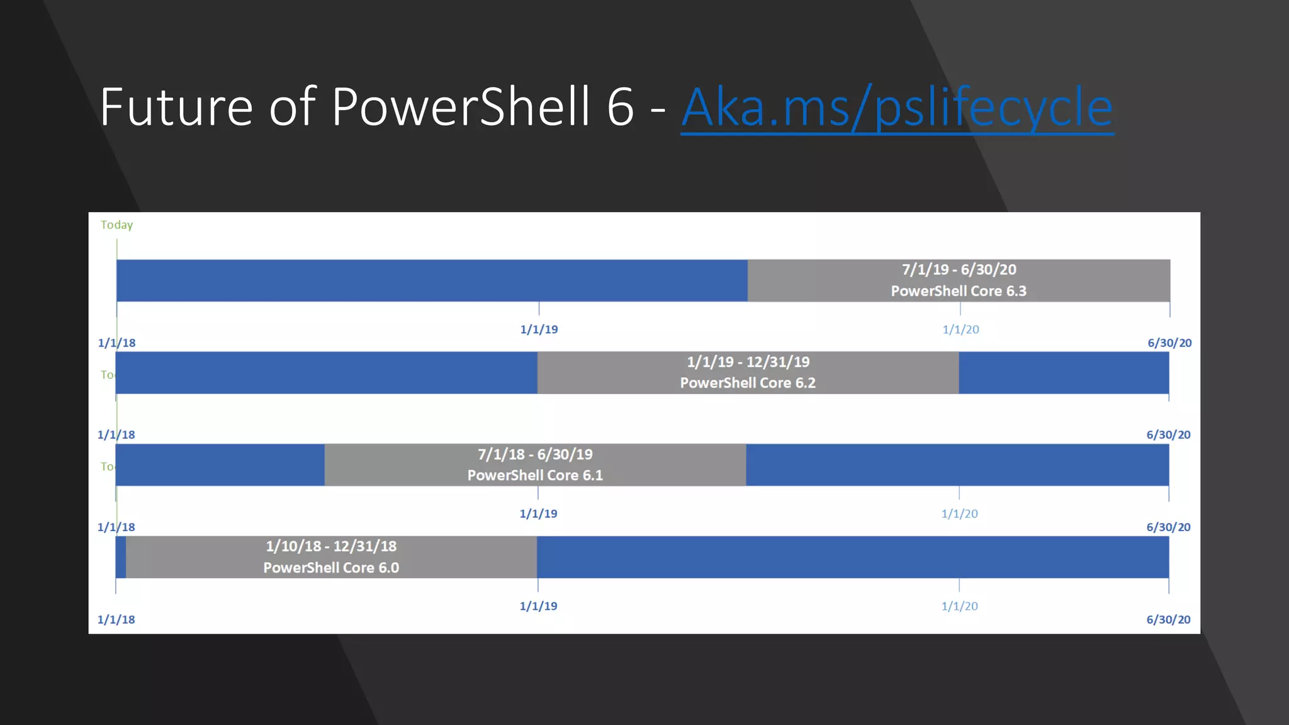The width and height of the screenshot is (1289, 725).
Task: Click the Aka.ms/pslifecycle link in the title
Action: click(x=897, y=108)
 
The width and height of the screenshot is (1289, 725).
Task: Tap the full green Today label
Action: click(x=117, y=225)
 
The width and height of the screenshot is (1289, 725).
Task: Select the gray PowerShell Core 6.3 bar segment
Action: click(x=818, y=281)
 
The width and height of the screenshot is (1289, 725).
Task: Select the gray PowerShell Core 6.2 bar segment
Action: click(x=604, y=373)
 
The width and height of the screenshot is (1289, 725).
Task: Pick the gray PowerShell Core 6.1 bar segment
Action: click(x=390, y=465)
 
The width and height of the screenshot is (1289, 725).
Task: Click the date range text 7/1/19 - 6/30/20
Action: click(x=959, y=270)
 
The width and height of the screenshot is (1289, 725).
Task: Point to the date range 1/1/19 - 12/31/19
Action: click(x=748, y=362)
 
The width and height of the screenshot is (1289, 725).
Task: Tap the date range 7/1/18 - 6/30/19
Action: click(x=535, y=454)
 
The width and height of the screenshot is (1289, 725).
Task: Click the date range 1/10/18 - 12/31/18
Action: click(x=331, y=546)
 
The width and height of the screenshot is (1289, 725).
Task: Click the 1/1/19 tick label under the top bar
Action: click(x=539, y=329)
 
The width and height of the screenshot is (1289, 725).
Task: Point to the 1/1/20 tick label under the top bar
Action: click(x=960, y=329)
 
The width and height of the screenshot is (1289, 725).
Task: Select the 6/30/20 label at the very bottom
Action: click(x=1168, y=619)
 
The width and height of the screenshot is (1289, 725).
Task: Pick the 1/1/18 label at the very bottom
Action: click(x=116, y=619)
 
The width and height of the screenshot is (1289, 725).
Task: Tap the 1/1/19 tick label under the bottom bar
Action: click(x=538, y=606)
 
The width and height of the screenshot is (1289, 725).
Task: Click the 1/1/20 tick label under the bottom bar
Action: click(x=959, y=606)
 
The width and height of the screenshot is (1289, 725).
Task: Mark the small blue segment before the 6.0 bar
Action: click(x=121, y=558)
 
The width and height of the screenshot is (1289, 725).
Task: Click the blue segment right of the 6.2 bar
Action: click(x=1064, y=373)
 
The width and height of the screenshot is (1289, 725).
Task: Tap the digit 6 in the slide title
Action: click(x=621, y=107)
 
